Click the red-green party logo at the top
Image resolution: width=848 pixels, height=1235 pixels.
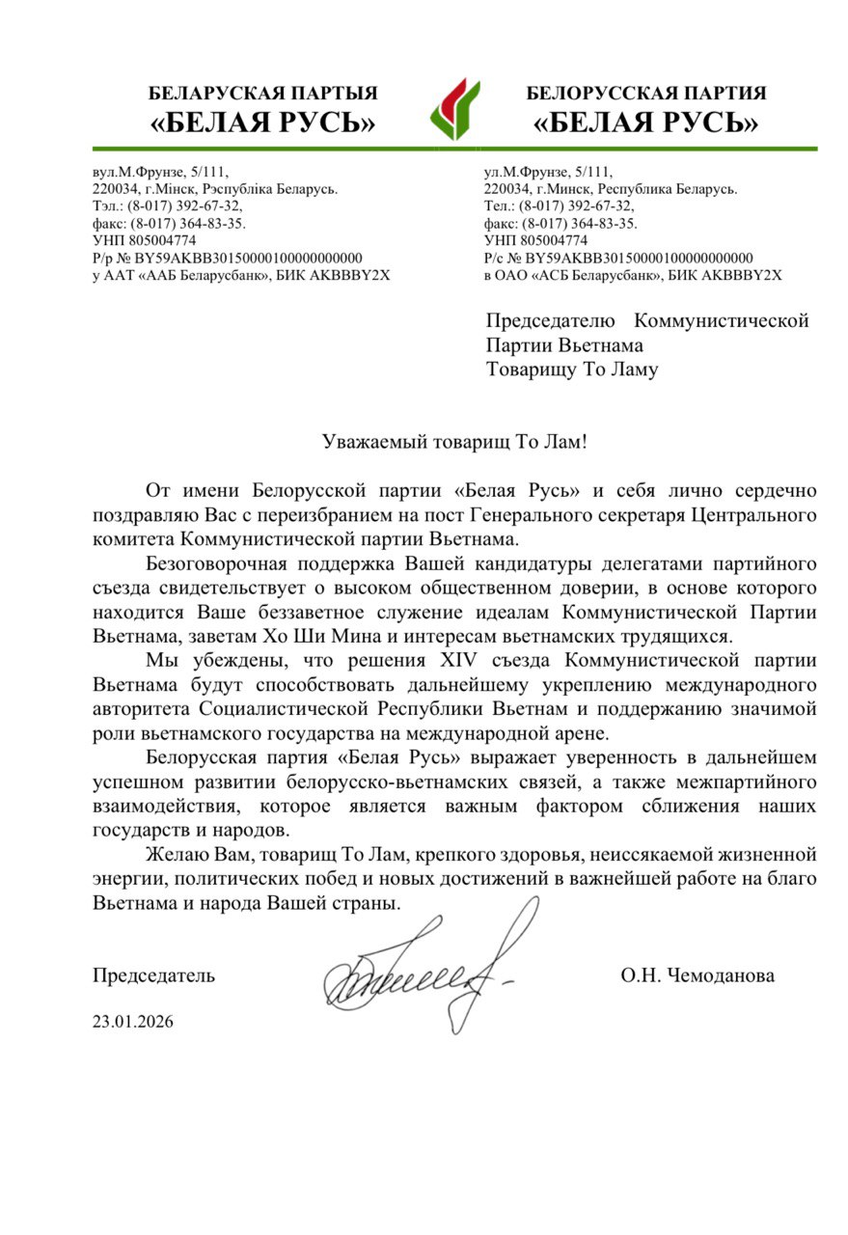(453, 108)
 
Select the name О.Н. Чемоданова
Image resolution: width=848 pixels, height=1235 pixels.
(697, 975)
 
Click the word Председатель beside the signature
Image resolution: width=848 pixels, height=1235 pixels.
(153, 975)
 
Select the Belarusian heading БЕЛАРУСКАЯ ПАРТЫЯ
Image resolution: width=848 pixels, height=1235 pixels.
(262, 94)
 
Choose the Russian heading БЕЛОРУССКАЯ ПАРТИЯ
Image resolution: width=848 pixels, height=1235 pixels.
(646, 94)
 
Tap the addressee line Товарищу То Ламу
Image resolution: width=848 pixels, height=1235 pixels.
(572, 369)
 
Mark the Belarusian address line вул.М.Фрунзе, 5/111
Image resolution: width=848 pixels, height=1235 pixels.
(160, 172)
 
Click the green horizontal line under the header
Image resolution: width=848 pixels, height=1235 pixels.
(453, 148)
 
